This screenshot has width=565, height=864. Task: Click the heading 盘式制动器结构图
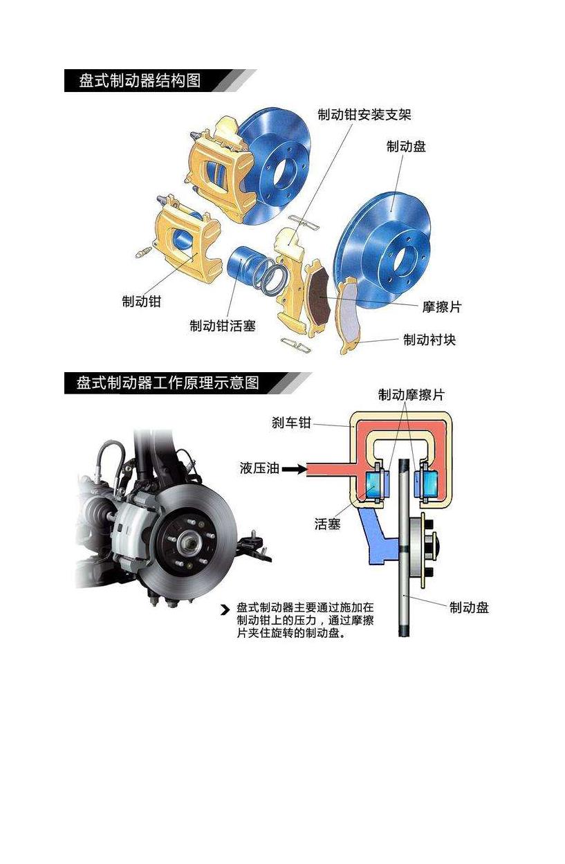(x=140, y=81)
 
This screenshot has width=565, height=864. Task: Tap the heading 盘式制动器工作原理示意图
(x=167, y=383)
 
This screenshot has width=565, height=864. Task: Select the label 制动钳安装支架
(x=364, y=115)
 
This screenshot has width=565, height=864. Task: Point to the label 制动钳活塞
(x=222, y=326)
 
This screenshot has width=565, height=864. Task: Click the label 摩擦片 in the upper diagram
(x=442, y=307)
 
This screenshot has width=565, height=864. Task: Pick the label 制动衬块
(x=429, y=340)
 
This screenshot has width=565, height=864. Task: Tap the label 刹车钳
(x=291, y=423)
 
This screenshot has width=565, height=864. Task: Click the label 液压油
(x=259, y=468)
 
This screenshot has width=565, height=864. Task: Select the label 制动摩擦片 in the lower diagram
(x=411, y=394)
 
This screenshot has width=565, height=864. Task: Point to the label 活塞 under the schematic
(x=327, y=524)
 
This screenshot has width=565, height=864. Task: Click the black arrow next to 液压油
(x=295, y=469)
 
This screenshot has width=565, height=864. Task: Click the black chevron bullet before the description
(x=225, y=610)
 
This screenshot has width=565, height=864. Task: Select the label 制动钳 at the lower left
(x=141, y=301)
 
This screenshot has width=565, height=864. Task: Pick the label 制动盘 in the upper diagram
(x=406, y=147)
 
